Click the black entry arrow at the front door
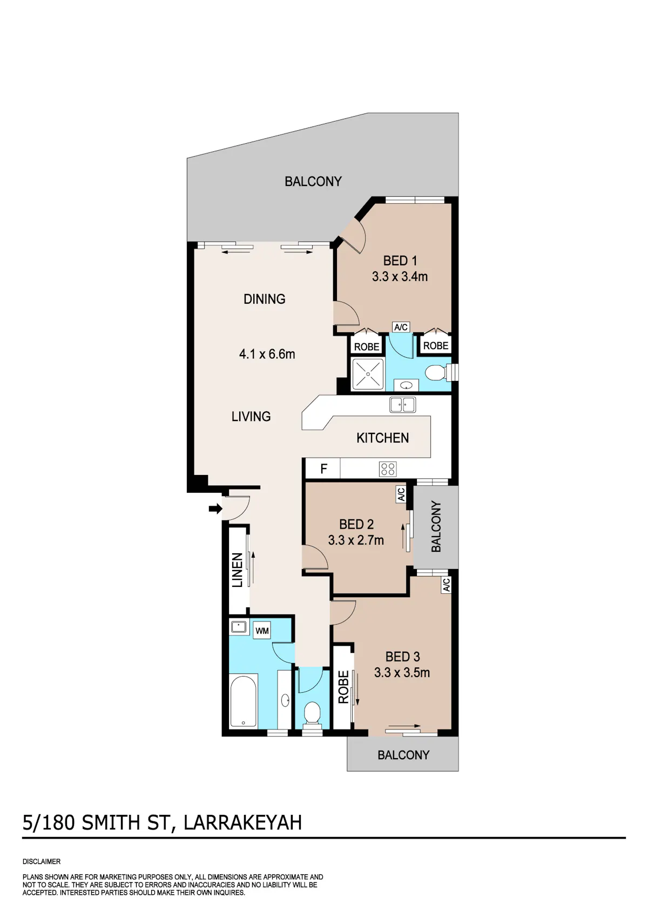(x=215, y=509)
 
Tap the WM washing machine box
(x=262, y=631)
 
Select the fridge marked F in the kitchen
(x=323, y=468)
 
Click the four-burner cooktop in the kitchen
(x=387, y=469)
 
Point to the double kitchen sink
(x=402, y=405)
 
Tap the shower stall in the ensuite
(x=368, y=374)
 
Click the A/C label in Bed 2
(x=401, y=494)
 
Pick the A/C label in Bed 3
(x=446, y=585)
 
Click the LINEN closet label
(x=238, y=570)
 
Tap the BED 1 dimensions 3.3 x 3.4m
(x=400, y=276)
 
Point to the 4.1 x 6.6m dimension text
(x=267, y=354)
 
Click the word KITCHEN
(x=382, y=438)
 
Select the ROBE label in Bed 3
(x=343, y=687)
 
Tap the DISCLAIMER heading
(x=42, y=861)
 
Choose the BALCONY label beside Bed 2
(x=436, y=526)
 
